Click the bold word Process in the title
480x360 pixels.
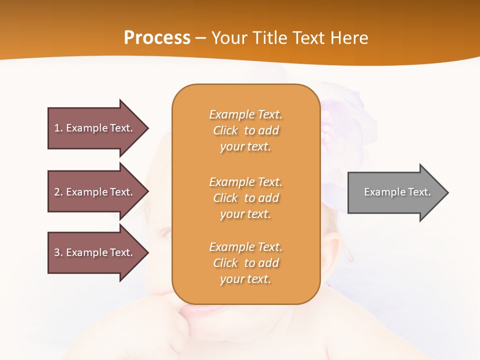(157, 38)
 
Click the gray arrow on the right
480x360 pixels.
(395, 192)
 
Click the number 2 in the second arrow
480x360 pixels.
(56, 192)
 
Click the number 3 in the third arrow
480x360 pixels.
(56, 252)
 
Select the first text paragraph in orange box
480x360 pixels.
(245, 130)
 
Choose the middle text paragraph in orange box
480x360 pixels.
(245, 198)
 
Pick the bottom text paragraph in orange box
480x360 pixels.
(245, 263)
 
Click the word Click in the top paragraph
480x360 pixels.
(225, 130)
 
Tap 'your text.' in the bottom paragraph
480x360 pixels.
(245, 279)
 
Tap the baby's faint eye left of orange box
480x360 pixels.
(165, 233)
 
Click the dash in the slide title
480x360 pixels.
(201, 38)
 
